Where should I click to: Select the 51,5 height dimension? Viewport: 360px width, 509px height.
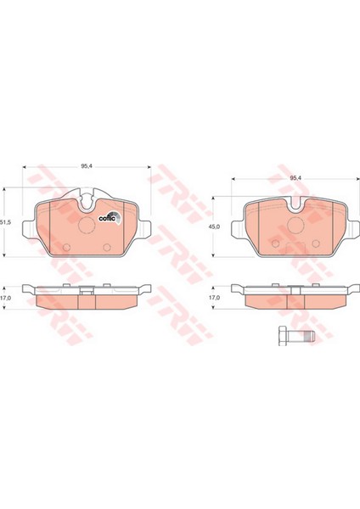tap(5, 221)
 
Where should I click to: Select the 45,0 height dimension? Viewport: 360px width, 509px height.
tap(214, 227)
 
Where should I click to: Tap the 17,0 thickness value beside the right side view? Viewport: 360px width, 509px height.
tap(214, 299)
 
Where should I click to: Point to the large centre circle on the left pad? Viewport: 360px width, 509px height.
tap(88, 225)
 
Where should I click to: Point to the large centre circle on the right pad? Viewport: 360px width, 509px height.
tap(295, 225)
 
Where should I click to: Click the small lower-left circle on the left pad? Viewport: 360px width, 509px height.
tap(67, 247)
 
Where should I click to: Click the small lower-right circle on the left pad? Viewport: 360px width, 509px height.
tap(108, 247)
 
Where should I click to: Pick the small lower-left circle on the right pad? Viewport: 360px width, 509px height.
tap(275, 245)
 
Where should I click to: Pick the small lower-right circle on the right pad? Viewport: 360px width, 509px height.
tap(315, 245)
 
